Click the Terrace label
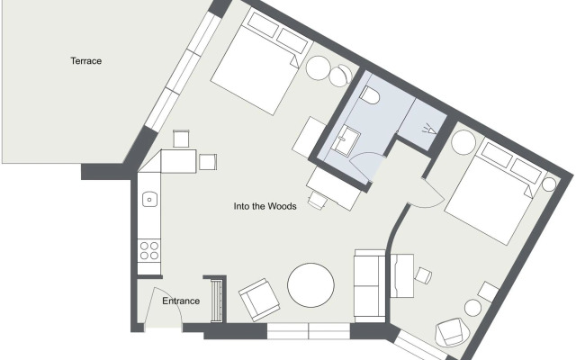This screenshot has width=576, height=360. pos(86,61)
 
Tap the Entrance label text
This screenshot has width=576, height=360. pos(181,301)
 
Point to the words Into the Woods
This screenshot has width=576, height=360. pos(265,206)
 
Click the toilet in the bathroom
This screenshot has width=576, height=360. pos(370,95)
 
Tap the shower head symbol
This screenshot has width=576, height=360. pos(429,130)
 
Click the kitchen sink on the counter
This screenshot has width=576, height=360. pos(149,200)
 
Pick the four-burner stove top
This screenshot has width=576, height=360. pos(149,250)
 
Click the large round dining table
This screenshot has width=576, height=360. pos(310,285)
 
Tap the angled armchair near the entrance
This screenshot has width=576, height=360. pos(259,300)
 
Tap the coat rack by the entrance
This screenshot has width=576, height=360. pos(217,301)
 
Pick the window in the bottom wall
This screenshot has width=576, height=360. pos(309,331)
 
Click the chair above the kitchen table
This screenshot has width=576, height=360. pos(181,139)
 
